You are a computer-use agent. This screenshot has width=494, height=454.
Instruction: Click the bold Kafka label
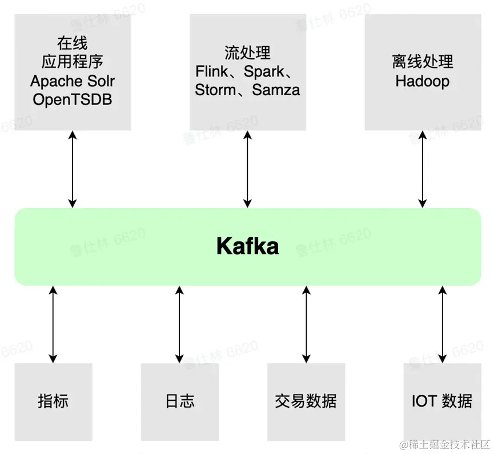pos(248,246)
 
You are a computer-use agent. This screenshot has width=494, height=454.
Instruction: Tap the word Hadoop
pos(423,81)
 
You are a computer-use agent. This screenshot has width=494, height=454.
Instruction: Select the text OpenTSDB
pos(73,99)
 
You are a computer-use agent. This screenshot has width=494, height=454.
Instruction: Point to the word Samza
pos(276,90)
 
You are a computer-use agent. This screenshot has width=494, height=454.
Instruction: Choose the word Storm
pos(215,90)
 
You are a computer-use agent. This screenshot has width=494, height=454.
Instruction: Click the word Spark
pos(264,72)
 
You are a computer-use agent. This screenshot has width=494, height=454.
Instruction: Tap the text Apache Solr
pos(73,81)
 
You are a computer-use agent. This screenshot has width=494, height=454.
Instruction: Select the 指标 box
pos(53,402)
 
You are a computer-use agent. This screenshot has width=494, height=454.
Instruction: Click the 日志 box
pos(180,402)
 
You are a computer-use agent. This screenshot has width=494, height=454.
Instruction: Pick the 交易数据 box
pos(306,402)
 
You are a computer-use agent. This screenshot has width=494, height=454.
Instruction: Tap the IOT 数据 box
pos(443,402)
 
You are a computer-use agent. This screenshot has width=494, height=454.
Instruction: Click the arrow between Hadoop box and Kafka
pos(423,169)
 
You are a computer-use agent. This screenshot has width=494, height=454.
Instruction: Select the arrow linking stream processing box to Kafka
pos(248,169)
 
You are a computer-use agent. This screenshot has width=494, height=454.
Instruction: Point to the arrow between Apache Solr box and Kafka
pos(73,169)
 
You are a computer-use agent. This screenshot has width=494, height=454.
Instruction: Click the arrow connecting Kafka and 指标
pos(53,325)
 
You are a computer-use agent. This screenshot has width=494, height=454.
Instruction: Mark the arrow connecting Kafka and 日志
pos(179,325)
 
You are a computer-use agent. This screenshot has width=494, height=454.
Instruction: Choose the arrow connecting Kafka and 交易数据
pos(306,325)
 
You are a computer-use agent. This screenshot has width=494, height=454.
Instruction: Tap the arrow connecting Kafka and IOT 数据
pos(443,325)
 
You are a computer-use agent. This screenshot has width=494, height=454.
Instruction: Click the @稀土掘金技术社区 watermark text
pos(445,444)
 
